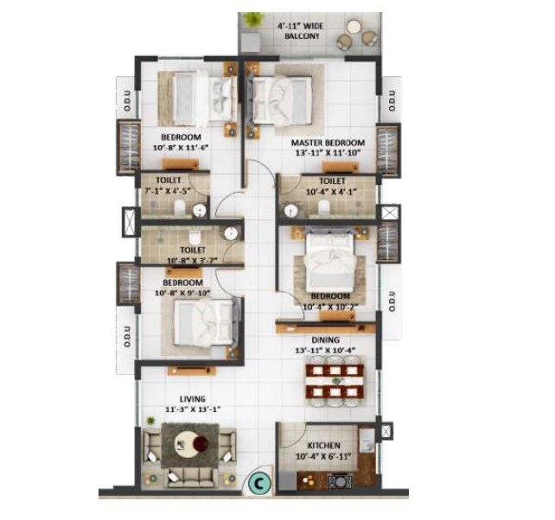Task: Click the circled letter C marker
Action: pos(258,485)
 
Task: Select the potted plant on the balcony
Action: pos(252,19)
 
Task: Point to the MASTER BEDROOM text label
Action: pos(327,143)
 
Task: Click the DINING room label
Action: pos(326,340)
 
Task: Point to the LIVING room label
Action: pos(181,399)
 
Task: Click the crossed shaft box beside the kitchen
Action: pos(386,429)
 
